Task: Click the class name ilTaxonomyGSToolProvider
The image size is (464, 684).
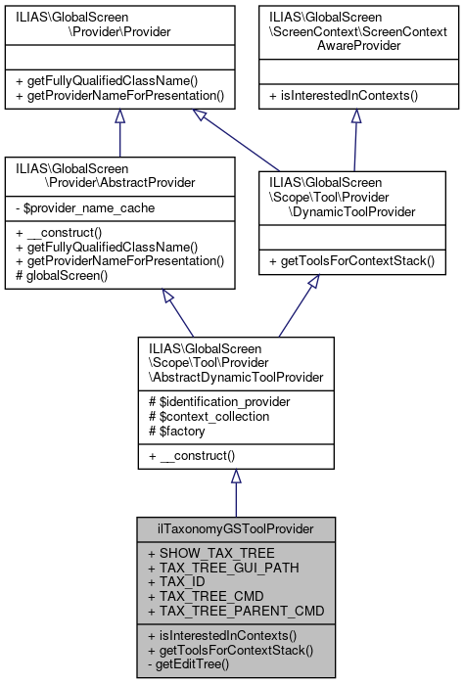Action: click(x=235, y=529)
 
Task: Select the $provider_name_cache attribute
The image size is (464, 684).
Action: click(x=88, y=208)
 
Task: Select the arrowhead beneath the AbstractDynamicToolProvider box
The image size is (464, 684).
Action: click(x=235, y=477)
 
